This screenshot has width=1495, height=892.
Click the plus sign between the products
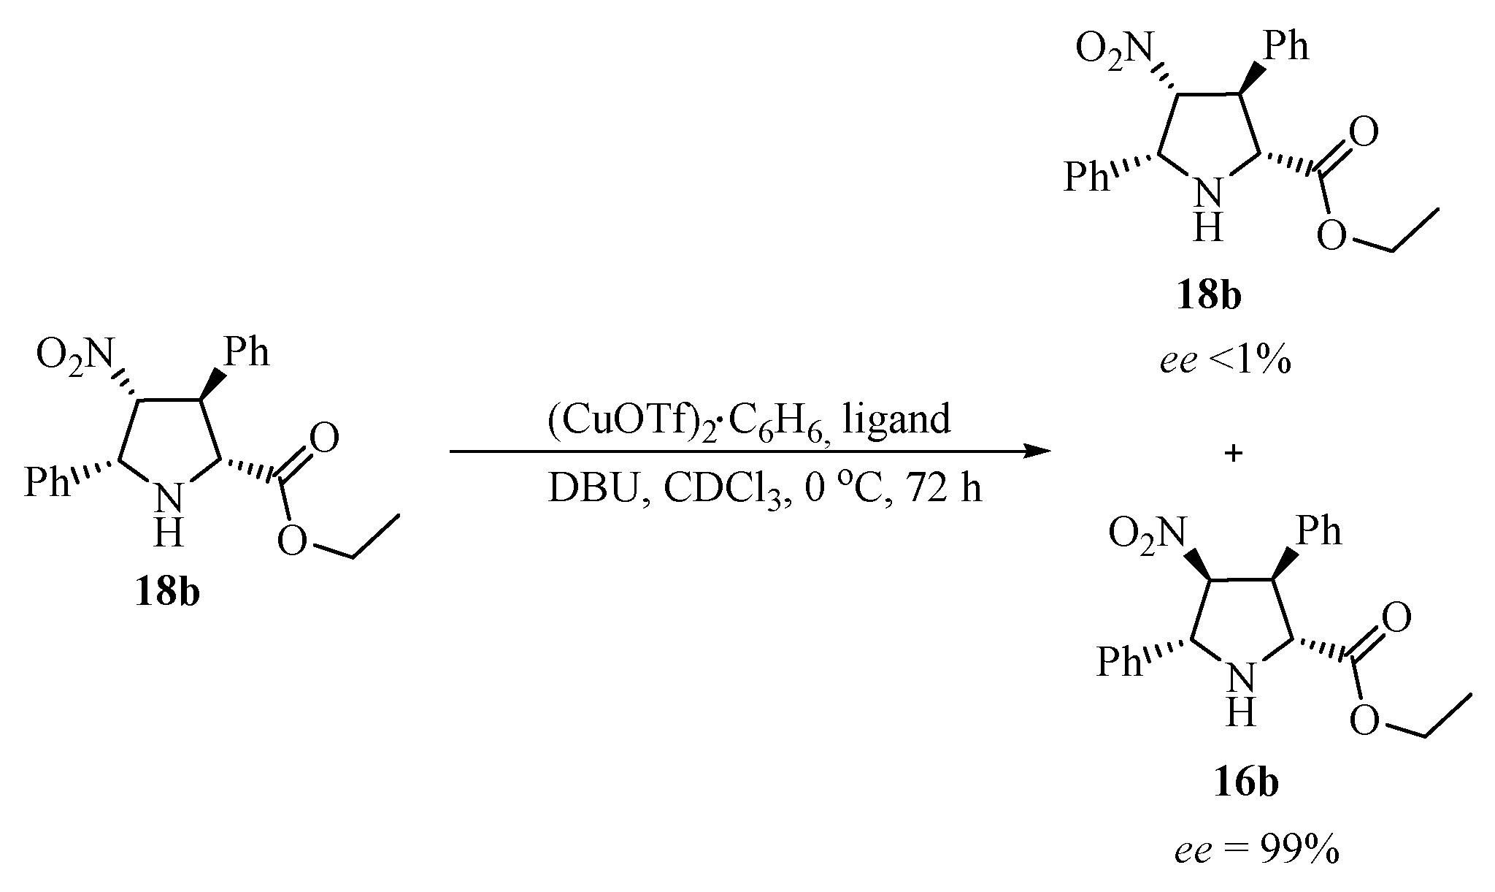(x=1233, y=454)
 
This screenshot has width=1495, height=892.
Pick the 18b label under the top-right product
(x=1208, y=298)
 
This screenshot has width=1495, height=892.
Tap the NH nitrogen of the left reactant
(x=169, y=500)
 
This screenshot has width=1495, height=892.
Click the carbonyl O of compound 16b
(x=1396, y=619)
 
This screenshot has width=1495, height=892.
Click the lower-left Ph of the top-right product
(x=1085, y=176)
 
